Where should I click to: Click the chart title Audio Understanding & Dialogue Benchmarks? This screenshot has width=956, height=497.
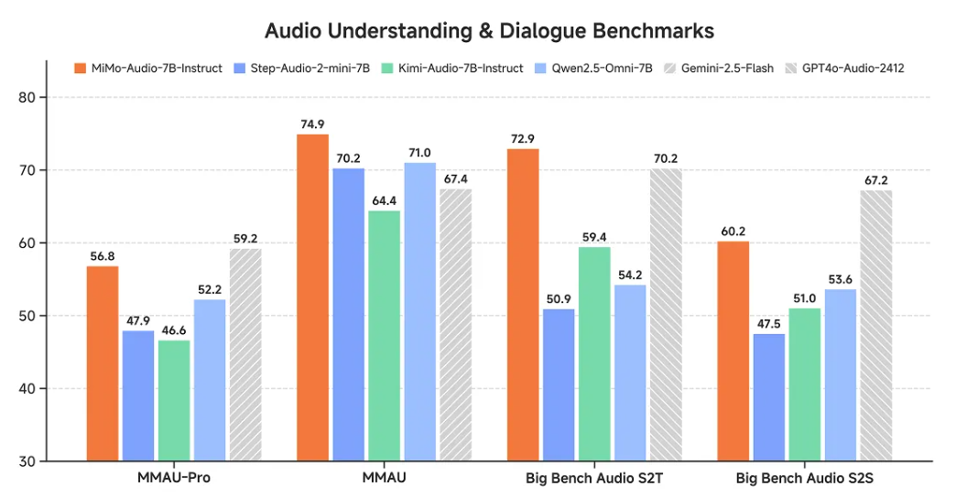point(489,30)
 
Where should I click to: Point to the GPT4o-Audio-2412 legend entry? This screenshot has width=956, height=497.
point(853,69)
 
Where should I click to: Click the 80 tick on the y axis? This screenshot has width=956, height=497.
point(28,98)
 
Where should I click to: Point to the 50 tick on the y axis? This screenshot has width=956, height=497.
point(28,317)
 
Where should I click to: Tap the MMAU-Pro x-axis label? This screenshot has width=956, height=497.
point(174,478)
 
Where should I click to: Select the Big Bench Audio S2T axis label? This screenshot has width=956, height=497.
point(594,478)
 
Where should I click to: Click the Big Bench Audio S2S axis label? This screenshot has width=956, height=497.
point(805,478)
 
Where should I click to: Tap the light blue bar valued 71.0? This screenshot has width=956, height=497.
point(420,311)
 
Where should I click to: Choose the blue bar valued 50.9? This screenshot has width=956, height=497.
point(559,385)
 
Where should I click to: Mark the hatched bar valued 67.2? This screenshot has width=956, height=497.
point(875,326)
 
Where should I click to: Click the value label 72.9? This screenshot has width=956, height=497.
point(524,138)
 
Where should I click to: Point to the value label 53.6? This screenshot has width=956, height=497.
point(841,279)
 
